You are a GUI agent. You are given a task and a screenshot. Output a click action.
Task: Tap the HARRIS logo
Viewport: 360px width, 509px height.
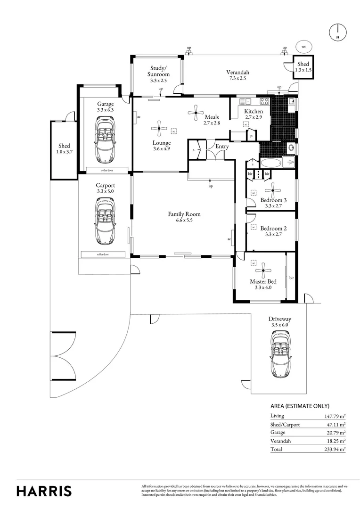[44, 491]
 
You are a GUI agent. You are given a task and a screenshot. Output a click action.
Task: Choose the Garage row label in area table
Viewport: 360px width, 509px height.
[278, 432]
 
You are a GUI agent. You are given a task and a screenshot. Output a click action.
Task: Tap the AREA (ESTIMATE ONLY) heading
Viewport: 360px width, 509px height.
[300, 406]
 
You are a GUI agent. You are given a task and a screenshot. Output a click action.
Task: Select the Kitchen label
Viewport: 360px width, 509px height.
[254, 111]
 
